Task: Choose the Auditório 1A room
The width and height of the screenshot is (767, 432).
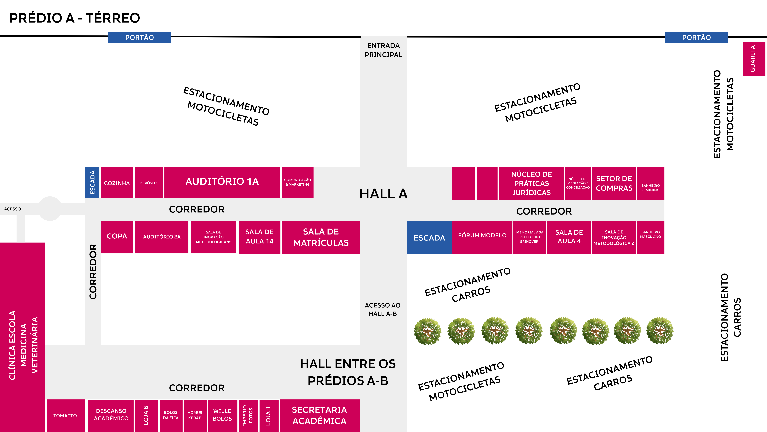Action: [222, 182]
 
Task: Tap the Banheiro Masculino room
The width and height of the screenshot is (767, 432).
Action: [650, 237]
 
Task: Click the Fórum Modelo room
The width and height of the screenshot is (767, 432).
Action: [482, 237]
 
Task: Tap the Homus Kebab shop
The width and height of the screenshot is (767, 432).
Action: [195, 415]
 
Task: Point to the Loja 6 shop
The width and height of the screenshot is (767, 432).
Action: [146, 415]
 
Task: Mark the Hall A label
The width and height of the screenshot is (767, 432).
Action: [383, 194]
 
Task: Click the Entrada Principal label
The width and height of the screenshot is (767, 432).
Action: [383, 50]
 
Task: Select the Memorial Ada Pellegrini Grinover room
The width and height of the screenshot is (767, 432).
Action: [529, 237]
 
